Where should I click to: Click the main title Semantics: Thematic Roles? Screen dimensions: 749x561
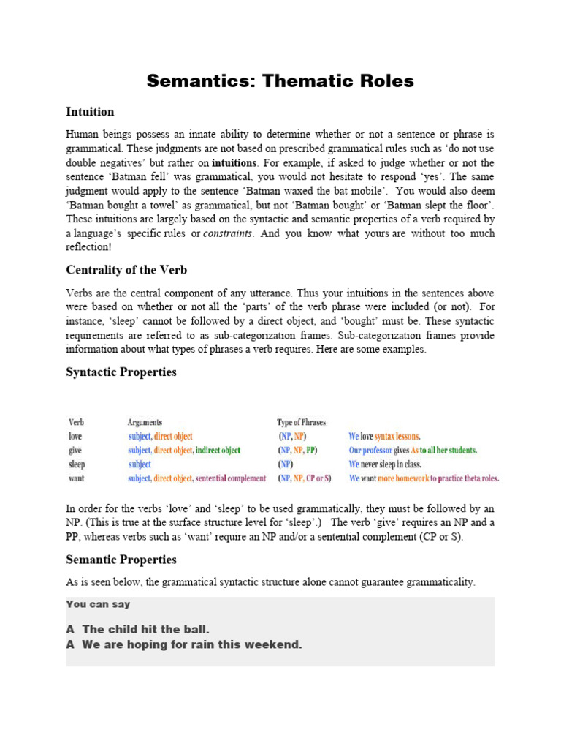click(280, 81)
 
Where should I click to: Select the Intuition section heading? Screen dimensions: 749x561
click(90, 112)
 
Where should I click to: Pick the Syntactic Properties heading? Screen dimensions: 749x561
click(121, 372)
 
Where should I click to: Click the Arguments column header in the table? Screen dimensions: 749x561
click(145, 423)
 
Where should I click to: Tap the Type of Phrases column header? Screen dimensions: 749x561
click(301, 423)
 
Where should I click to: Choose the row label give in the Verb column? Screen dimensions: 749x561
click(75, 451)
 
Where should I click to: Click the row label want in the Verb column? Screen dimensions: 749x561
click(76, 478)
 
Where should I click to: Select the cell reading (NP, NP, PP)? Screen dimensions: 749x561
click(298, 451)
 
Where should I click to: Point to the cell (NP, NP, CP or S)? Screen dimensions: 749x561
click(305, 478)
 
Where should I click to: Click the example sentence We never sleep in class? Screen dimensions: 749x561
click(385, 464)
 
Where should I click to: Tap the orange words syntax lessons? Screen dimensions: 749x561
click(397, 437)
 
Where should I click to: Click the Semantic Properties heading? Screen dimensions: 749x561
click(121, 560)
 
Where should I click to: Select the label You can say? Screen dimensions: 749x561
click(98, 604)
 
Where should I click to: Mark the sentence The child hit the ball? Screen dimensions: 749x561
click(146, 629)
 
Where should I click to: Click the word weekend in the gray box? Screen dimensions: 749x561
click(276, 644)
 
